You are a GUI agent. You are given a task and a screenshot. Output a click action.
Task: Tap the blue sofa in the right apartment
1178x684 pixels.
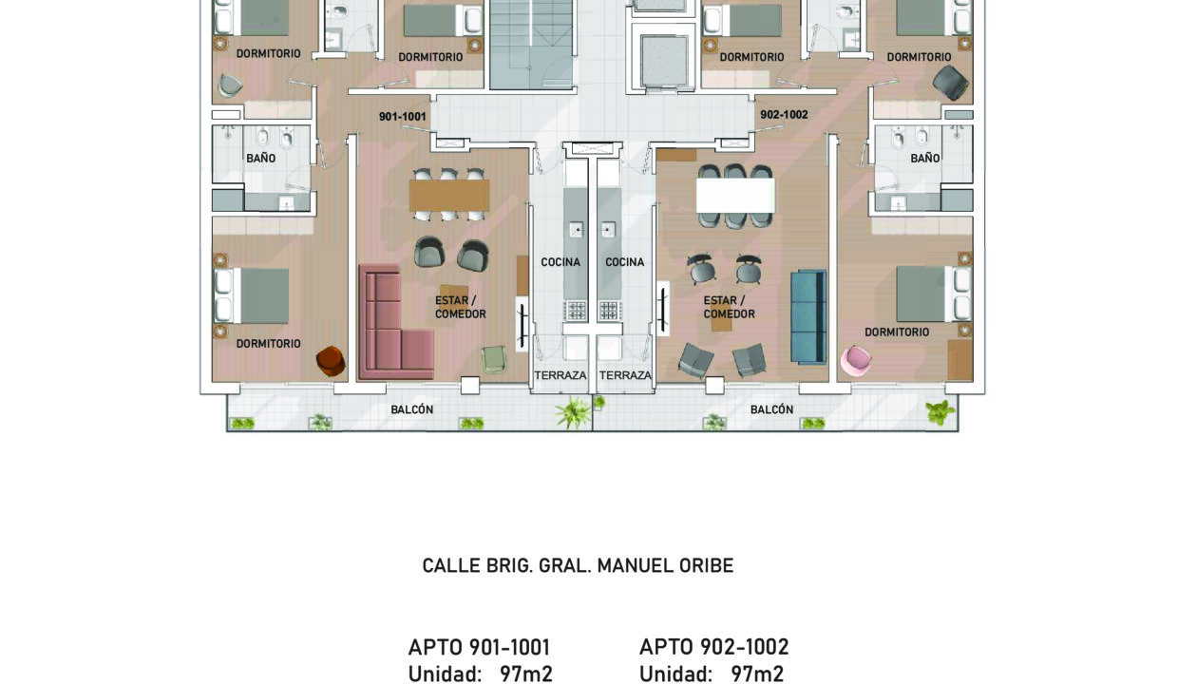(808, 317)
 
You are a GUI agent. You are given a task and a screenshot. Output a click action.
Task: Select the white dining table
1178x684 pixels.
(735, 195)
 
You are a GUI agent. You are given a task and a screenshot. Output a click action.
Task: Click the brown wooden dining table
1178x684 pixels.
(449, 196)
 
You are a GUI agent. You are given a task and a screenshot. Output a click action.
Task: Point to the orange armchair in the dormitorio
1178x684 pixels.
(331, 361)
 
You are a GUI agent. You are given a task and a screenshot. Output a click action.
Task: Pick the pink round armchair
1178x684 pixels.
(856, 361)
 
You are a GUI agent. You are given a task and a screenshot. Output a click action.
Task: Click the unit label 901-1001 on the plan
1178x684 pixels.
(402, 116)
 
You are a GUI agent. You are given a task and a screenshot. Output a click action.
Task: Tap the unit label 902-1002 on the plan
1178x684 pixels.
(784, 115)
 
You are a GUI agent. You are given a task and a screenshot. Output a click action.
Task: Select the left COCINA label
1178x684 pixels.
(560, 262)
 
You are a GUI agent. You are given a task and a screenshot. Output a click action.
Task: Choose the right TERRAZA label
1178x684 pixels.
(625, 375)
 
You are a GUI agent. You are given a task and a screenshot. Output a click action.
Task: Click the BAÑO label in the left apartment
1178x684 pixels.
(261, 158)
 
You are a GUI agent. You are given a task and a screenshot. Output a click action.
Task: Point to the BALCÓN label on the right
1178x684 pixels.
(771, 409)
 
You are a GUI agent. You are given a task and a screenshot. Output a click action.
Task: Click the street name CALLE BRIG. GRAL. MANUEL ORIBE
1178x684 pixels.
(578, 565)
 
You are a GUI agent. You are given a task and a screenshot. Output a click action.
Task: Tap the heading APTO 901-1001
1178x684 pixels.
(479, 647)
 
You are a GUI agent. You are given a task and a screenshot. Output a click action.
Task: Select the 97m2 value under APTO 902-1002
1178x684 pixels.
(757, 674)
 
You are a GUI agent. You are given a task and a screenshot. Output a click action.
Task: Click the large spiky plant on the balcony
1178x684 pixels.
(573, 412)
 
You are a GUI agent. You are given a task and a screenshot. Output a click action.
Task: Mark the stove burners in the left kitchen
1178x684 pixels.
(576, 311)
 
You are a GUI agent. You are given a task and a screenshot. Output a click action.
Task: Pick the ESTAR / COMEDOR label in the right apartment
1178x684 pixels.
(729, 307)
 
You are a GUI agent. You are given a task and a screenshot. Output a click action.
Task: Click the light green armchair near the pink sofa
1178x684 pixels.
(494, 360)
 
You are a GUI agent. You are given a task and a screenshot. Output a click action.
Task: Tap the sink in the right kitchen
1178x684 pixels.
(608, 230)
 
